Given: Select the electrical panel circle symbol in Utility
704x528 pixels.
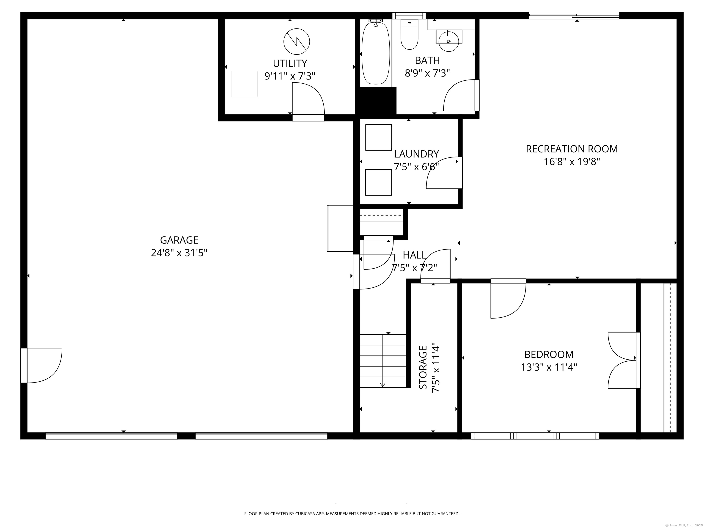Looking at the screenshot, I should [x=297, y=41].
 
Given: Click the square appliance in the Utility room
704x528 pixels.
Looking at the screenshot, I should [x=245, y=84].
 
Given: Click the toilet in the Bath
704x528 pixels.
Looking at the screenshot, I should [x=409, y=35].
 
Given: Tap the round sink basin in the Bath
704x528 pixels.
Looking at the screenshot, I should [x=449, y=41].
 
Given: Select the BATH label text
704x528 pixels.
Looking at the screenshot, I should [x=427, y=60].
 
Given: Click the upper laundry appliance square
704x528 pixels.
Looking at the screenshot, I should [x=378, y=137].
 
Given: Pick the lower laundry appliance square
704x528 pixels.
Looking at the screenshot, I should [x=378, y=182].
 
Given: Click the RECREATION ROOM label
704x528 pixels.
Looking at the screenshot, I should [x=572, y=149].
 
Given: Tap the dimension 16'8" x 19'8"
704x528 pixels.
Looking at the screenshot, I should [x=572, y=162].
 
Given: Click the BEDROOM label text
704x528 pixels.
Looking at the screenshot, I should [x=549, y=354].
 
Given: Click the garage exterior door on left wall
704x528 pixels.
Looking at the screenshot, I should [x=41, y=365].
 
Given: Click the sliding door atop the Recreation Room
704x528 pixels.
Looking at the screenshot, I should [x=574, y=15].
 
